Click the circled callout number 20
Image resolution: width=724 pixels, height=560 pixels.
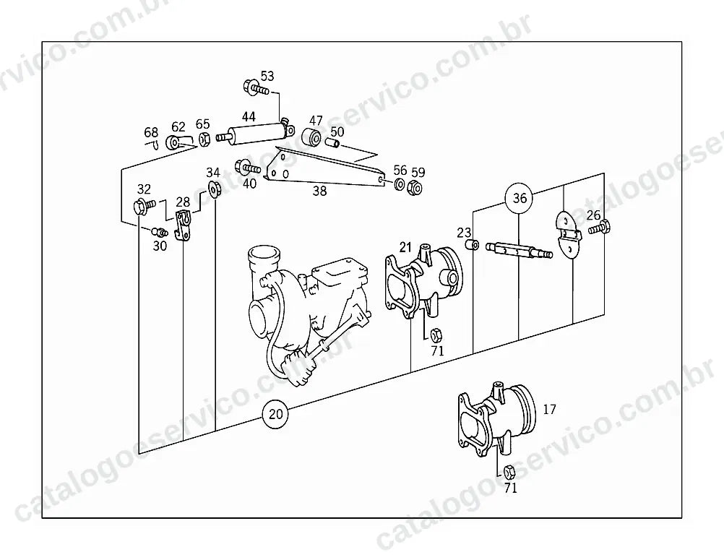[x=275, y=413]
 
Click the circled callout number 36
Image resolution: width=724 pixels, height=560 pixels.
[x=520, y=198]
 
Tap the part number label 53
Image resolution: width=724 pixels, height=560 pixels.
[x=267, y=76]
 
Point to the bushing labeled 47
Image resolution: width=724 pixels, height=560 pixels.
[x=311, y=137]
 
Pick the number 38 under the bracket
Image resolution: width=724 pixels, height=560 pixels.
[x=319, y=190]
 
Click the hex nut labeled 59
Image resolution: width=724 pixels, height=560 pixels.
[x=415, y=188]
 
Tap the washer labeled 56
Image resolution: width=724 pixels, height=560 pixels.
[x=399, y=185]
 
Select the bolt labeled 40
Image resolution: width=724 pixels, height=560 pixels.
[x=248, y=167]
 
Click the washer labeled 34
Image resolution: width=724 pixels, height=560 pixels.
[x=213, y=189]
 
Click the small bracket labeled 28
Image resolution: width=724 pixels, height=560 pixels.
[x=184, y=225]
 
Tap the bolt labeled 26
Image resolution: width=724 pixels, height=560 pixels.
[x=599, y=227]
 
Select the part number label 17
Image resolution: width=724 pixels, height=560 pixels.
[x=549, y=409]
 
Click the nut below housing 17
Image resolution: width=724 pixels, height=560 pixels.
[x=509, y=472]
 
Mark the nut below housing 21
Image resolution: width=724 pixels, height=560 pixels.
[x=436, y=335]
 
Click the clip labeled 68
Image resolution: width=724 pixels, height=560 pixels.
[x=155, y=145]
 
